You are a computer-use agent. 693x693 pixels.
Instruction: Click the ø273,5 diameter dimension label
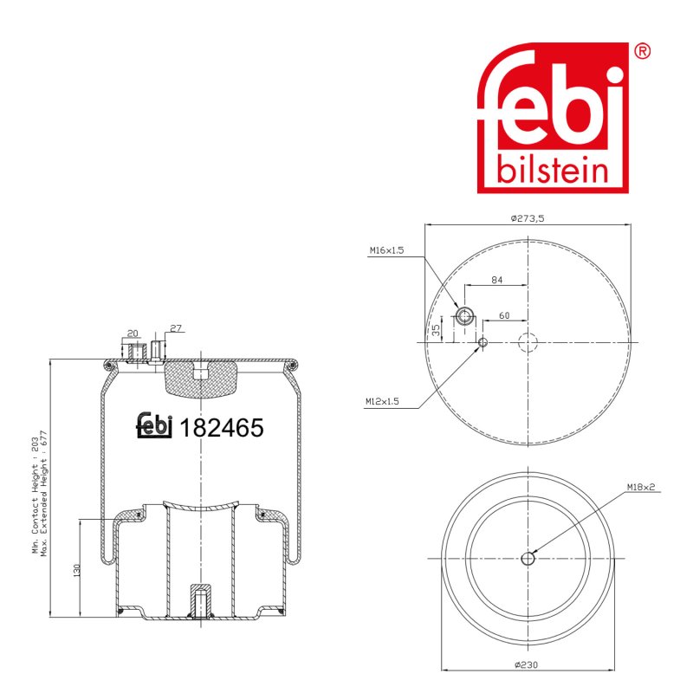point(528,218)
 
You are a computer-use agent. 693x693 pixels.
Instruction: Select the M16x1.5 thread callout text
point(386,250)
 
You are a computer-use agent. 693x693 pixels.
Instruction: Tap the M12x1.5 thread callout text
point(382,401)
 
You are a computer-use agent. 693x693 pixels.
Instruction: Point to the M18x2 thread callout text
point(640,487)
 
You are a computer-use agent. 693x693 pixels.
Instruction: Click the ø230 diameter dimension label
point(527,664)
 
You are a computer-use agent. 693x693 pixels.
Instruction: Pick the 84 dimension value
point(496,280)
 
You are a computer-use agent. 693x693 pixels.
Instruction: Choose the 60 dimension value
point(504,315)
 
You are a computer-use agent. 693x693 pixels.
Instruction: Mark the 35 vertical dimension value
point(437,331)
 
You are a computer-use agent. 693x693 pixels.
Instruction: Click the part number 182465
point(222,427)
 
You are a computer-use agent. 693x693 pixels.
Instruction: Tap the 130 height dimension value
point(77,570)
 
